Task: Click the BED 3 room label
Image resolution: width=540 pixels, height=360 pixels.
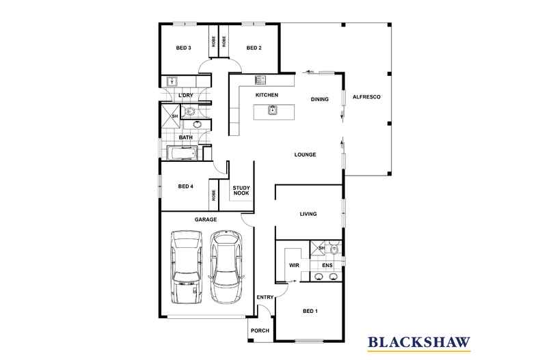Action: pos(183,48)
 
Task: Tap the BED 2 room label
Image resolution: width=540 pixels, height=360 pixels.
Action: pos(254,48)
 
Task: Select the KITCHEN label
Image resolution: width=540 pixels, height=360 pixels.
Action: pos(266,95)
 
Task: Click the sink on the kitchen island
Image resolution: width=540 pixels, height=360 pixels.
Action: pos(272,109)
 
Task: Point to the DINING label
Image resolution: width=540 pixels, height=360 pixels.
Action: pos(319,99)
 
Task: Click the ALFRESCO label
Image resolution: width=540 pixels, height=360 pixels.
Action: pos(366,98)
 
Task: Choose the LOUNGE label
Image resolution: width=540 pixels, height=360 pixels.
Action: pos(305,154)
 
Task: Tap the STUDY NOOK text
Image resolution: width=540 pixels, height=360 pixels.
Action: pos(241,190)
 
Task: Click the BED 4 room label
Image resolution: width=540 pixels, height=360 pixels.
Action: pos(185,186)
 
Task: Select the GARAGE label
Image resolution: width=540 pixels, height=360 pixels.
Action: pos(205,219)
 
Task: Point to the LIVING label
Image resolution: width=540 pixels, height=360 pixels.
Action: pos(308,214)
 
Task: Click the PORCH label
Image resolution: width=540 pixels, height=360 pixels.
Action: pos(260,331)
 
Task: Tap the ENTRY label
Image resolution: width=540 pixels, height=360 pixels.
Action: pos(265,297)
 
